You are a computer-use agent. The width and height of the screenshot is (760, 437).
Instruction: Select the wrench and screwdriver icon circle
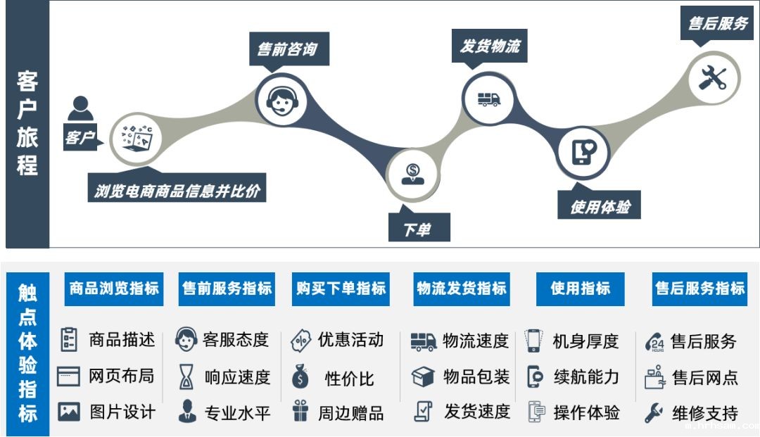tap(711, 77)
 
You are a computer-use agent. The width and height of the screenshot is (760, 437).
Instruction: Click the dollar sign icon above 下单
tap(412, 172)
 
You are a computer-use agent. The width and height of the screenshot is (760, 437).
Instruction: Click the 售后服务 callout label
tap(718, 23)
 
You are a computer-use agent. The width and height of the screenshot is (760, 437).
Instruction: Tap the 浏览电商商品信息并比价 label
tap(177, 190)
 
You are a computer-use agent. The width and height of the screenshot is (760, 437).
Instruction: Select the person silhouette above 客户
tap(80, 109)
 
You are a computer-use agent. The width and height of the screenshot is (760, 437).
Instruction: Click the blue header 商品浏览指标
tap(114, 288)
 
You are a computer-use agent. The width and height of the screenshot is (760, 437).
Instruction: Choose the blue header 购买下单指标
tap(341, 288)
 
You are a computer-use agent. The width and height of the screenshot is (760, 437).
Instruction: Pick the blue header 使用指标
tap(581, 288)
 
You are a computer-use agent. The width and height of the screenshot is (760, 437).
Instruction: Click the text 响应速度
tap(237, 377)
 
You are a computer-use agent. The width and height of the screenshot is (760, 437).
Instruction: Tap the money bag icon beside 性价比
tap(300, 377)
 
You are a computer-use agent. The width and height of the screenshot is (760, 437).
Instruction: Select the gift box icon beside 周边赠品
tap(300, 411)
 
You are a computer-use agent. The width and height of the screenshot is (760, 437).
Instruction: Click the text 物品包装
tap(476, 377)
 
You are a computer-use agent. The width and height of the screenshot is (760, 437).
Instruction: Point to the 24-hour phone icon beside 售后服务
tap(654, 343)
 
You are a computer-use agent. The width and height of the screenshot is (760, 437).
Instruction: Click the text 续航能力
tap(586, 377)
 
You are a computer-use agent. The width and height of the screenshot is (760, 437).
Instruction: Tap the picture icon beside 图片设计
tap(69, 412)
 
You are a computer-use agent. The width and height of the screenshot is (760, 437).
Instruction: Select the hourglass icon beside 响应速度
tap(186, 377)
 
